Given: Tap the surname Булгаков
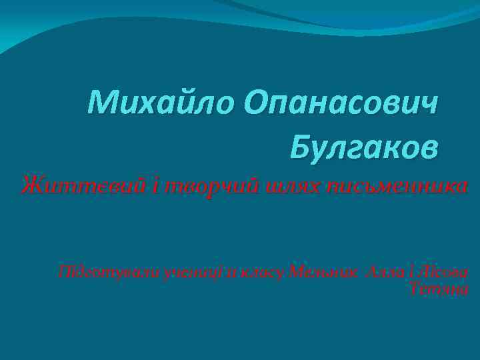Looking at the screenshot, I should click(365, 146).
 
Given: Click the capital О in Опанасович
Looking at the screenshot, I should click(257, 103).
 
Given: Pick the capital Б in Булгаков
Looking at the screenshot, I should click(301, 146).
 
